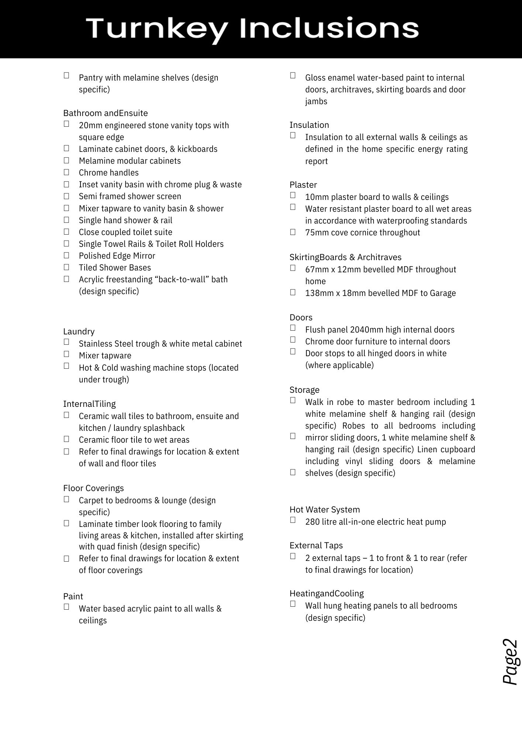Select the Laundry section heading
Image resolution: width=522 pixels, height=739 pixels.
[79, 331]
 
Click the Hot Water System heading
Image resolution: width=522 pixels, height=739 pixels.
[324, 510]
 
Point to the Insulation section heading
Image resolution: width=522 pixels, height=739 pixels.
[309, 125]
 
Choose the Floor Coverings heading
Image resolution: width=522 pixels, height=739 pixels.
[93, 488]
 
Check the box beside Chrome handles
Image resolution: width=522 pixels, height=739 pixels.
[66, 172]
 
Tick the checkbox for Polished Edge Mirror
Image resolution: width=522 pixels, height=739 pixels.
[66, 255]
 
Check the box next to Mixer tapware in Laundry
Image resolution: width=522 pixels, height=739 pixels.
[66, 354]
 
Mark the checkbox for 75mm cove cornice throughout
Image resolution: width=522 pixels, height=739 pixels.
[293, 232]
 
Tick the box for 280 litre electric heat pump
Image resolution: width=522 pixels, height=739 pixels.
[293, 520]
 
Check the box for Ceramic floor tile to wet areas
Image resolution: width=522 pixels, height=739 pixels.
[66, 439]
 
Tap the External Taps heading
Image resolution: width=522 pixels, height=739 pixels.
[316, 545]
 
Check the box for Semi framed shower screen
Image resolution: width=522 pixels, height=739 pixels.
[66, 196]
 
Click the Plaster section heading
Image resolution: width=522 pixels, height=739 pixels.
[303, 185]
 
